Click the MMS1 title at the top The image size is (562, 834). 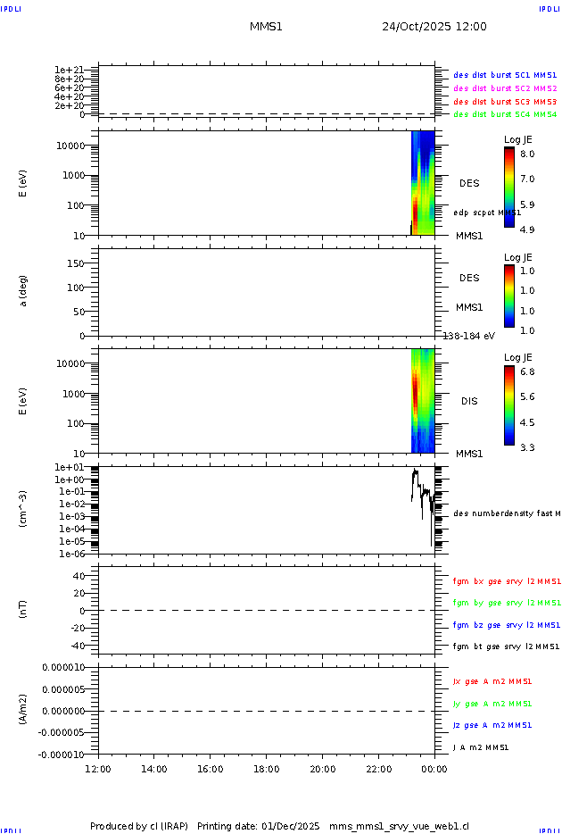[x=266, y=27]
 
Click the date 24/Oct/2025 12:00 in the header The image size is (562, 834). [x=434, y=27]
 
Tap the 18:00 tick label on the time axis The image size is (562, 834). [x=266, y=769]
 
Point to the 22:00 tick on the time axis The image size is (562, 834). [x=378, y=769]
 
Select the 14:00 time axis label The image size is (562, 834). [x=154, y=769]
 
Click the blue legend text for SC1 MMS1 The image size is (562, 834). [x=505, y=76]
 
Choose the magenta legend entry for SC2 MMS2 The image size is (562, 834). [x=505, y=88]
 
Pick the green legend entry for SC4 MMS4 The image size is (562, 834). [x=505, y=114]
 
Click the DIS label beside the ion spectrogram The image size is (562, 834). [x=469, y=401]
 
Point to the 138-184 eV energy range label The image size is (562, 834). [x=469, y=336]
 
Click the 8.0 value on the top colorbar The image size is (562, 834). [x=527, y=154]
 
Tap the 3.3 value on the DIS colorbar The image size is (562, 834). [x=527, y=447]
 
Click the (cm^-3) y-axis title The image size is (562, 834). [x=24, y=509]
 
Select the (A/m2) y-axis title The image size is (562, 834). [x=24, y=711]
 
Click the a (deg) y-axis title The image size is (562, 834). [x=24, y=290]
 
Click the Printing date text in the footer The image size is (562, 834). [x=259, y=826]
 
